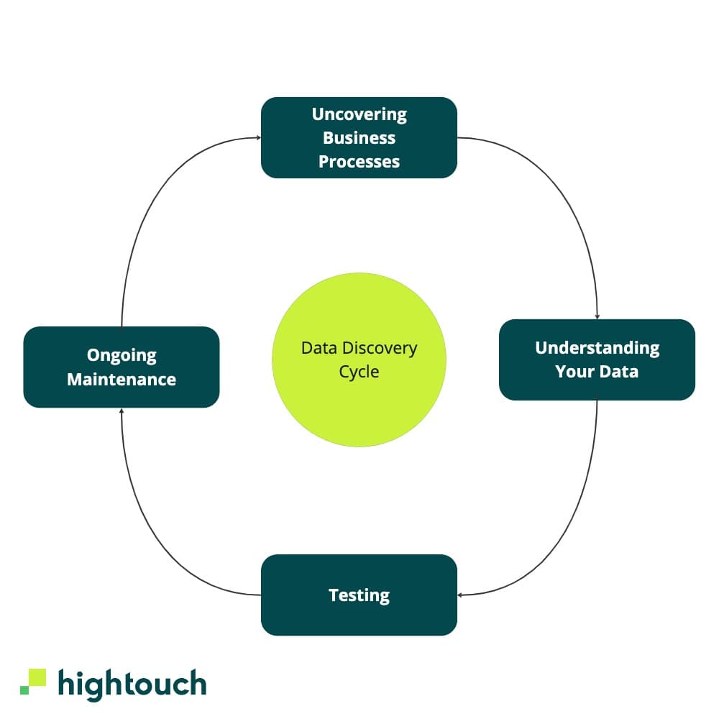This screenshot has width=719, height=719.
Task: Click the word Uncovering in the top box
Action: [x=359, y=114]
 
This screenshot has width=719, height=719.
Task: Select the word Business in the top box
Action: [x=359, y=137]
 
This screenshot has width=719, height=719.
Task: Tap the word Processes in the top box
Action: [x=359, y=161]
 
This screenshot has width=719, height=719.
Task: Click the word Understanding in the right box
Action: [x=597, y=348]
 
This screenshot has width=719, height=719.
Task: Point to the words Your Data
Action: [x=597, y=372]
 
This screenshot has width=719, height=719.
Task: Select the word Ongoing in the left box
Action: [x=122, y=355]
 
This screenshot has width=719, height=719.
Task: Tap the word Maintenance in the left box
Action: [x=122, y=379]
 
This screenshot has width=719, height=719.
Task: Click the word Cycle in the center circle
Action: [x=359, y=372]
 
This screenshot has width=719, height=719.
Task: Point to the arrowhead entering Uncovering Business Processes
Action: [x=257, y=137]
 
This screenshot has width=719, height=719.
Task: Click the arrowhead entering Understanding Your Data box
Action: [x=597, y=316]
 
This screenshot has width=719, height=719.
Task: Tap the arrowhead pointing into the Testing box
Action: [x=461, y=595]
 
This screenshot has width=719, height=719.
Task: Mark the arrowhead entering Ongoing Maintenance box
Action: [x=122, y=411]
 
